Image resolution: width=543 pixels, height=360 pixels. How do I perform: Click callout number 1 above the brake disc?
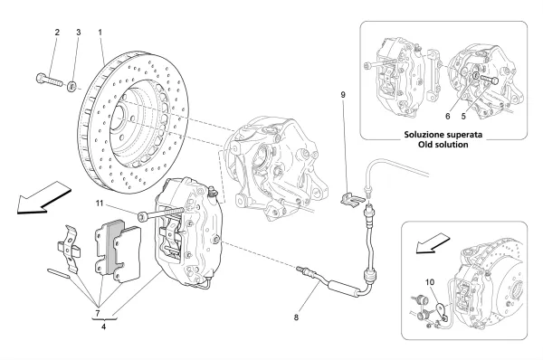tap(100, 33)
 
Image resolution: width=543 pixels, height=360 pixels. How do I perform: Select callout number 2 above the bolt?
tap(57, 33)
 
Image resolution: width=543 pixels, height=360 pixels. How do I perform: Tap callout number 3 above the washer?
tap(79, 33)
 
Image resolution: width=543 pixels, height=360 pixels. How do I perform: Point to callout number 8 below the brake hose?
tap(296, 317)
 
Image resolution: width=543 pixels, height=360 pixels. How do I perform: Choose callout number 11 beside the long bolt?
tap(100, 204)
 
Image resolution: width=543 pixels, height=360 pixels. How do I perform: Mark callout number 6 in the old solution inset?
tap(448, 117)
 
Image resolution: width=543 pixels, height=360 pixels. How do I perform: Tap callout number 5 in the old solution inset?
tap(463, 117)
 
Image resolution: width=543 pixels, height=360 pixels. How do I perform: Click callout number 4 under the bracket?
tap(103, 326)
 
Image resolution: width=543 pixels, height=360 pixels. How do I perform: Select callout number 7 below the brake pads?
tap(98, 314)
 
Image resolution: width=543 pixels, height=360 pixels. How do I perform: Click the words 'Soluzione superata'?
tap(443, 134)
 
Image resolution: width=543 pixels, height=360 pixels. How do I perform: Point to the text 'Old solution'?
tap(443, 145)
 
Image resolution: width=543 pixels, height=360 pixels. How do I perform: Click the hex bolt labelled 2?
tap(49, 80)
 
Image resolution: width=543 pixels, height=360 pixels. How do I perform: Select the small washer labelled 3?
tap(72, 86)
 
